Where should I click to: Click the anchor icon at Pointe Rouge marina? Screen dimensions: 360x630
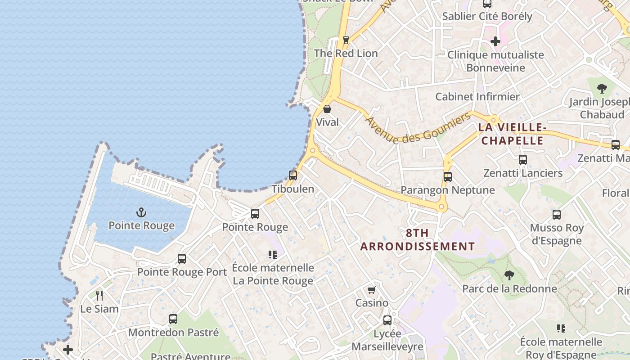pyautogui.click(x=141, y=212)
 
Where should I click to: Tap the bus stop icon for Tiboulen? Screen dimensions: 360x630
pyautogui.click(x=293, y=175)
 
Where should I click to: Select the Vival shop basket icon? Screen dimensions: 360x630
pyautogui.click(x=327, y=109)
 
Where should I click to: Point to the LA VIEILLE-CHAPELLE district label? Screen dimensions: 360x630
pyautogui.click(x=512, y=134)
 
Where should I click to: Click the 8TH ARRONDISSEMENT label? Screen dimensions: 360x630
pyautogui.click(x=417, y=240)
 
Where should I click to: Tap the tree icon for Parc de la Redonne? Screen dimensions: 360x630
pyautogui.click(x=509, y=275)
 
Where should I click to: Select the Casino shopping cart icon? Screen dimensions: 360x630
pyautogui.click(x=372, y=290)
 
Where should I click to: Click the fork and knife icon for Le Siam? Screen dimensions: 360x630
pyautogui.click(x=99, y=296)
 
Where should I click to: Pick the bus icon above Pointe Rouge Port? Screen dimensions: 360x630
pyautogui.click(x=182, y=259)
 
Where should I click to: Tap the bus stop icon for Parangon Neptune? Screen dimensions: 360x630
pyautogui.click(x=447, y=177)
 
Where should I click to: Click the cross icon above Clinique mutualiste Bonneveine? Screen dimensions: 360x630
pyautogui.click(x=495, y=42)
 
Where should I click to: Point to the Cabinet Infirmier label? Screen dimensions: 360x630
pyautogui.click(x=477, y=97)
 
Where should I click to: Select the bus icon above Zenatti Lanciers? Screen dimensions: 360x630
pyautogui.click(x=522, y=160)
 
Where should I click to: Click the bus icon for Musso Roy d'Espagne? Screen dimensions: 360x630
pyautogui.click(x=557, y=215)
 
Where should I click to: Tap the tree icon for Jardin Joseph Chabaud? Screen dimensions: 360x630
pyautogui.click(x=602, y=89)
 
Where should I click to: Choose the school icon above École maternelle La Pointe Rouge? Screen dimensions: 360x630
pyautogui.click(x=273, y=255)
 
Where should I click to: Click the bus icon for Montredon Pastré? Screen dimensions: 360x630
pyautogui.click(x=173, y=319)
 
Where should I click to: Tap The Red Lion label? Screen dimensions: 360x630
pyautogui.click(x=346, y=53)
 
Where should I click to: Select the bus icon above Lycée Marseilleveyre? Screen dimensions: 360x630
pyautogui.click(x=387, y=320)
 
